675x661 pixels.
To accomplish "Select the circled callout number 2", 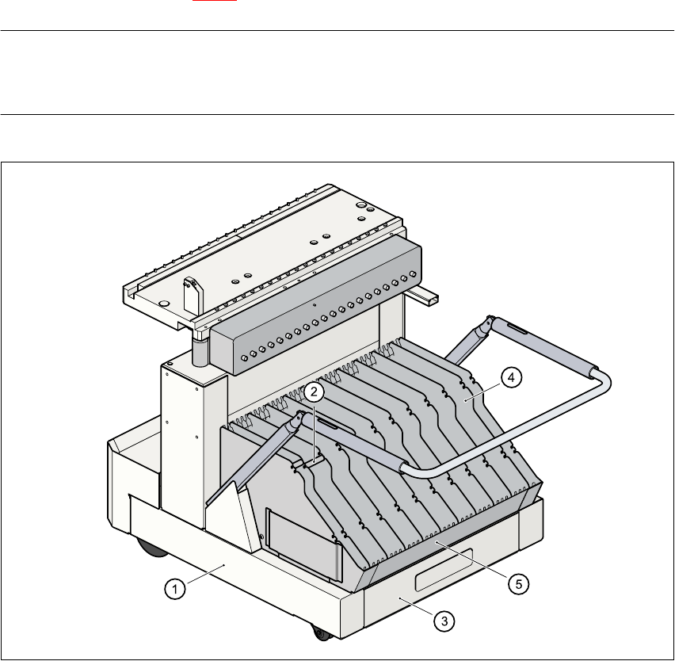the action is tap(315, 391).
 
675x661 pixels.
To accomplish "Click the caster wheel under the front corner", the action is tap(321, 633).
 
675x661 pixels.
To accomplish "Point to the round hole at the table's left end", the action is tap(163, 303).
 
